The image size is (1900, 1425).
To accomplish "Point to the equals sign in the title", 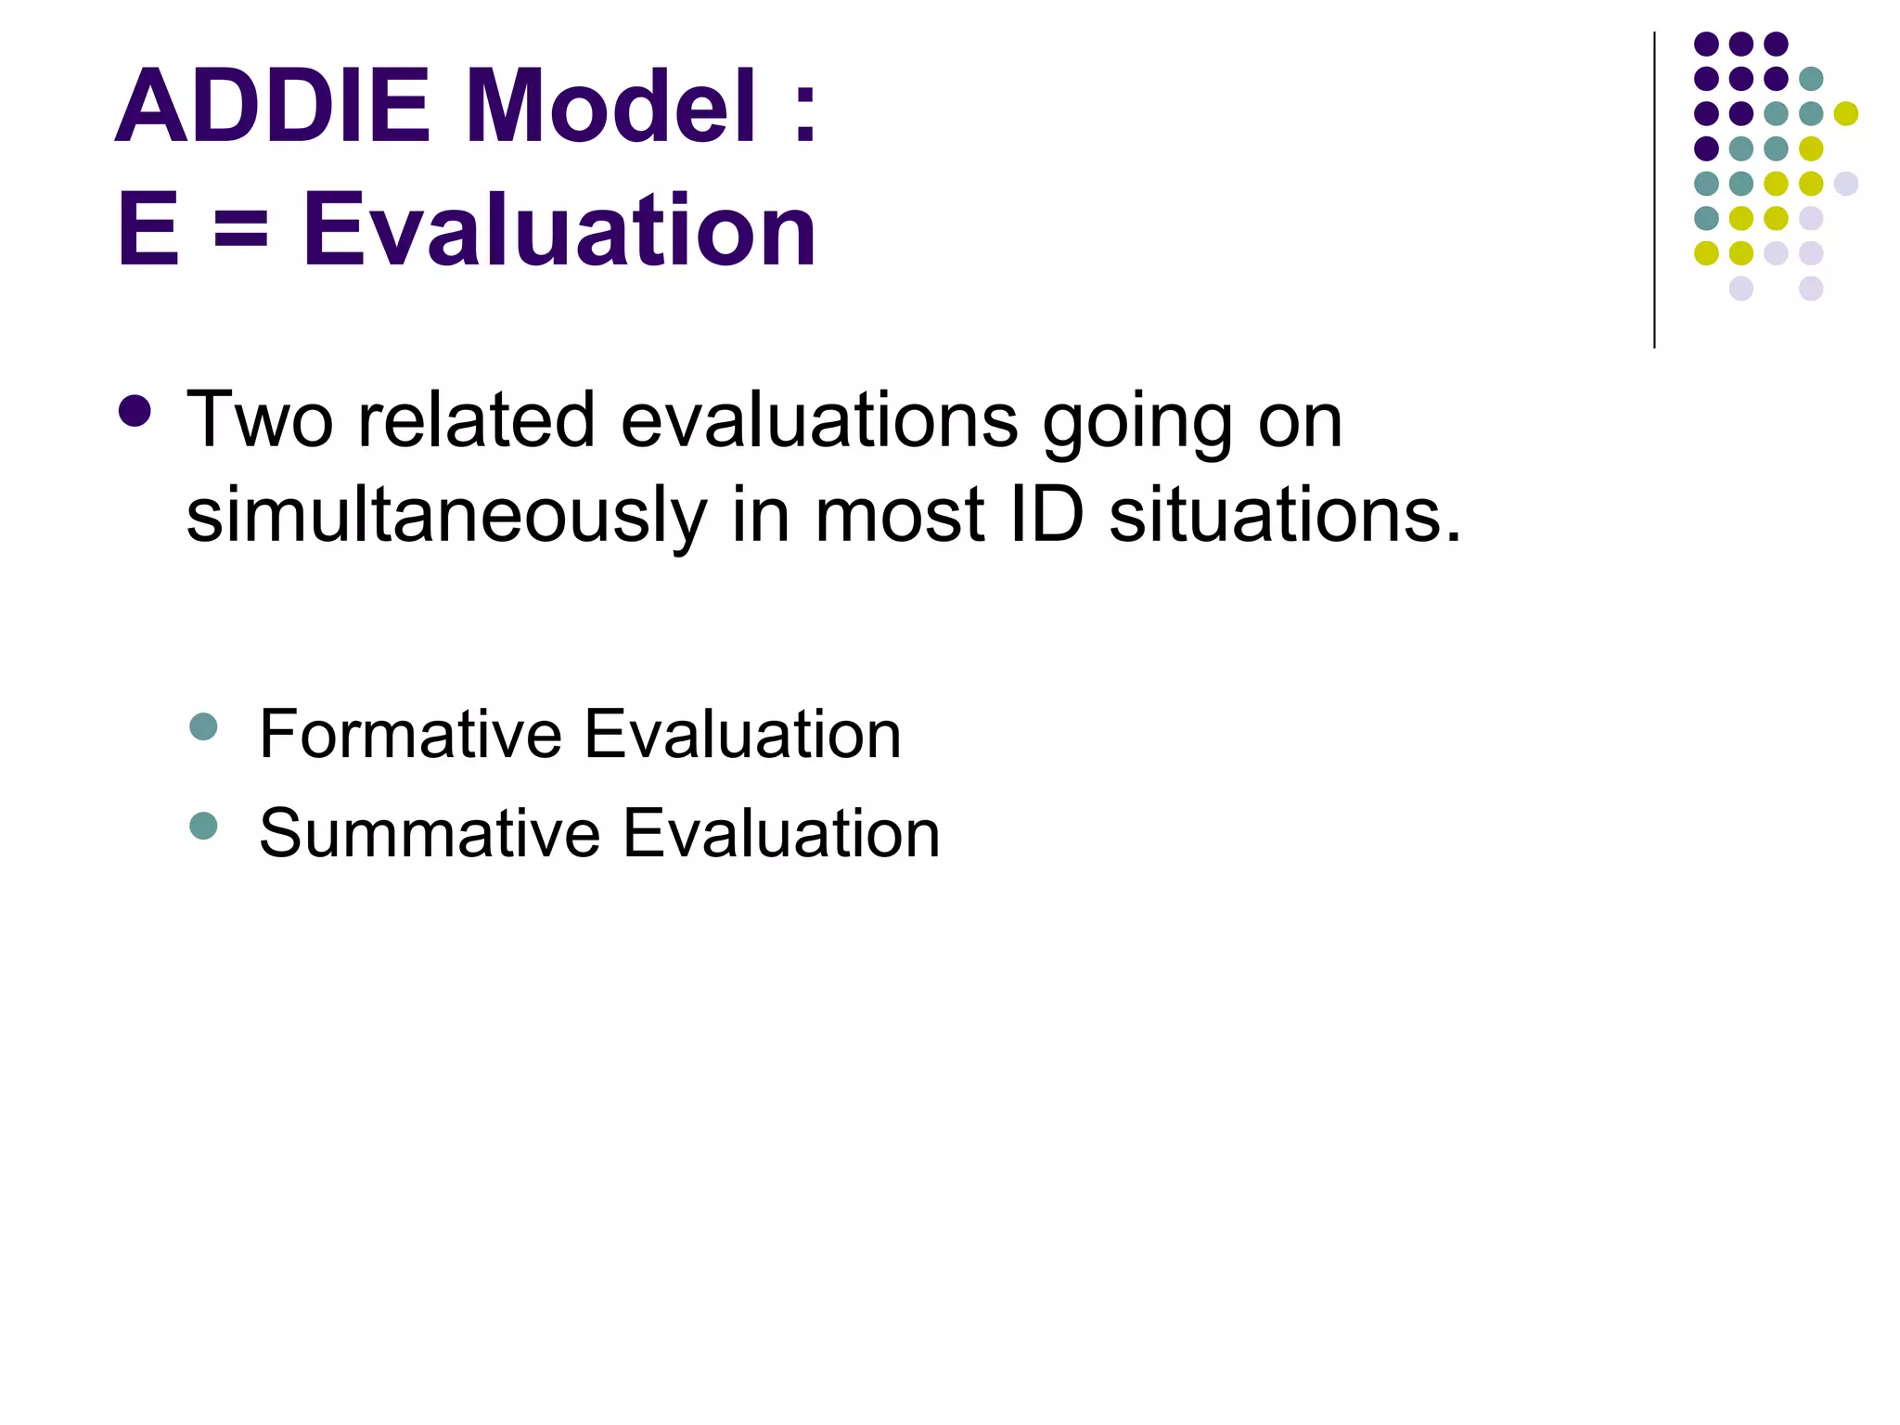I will [240, 229].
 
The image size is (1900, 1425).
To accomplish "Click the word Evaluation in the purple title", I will [559, 229].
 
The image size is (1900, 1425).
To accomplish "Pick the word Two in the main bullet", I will [259, 420].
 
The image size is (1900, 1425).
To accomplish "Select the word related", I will [476, 420].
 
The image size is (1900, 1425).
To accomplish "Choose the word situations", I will [1284, 514].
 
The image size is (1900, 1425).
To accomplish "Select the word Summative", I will [430, 833].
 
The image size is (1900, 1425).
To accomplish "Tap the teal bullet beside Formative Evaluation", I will [202, 726].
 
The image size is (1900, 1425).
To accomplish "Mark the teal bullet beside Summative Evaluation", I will [202, 825].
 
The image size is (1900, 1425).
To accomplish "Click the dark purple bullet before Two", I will [135, 412].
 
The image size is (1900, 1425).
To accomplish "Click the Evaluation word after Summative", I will [781, 833].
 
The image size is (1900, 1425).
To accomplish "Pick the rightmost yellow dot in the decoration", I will [1845, 114].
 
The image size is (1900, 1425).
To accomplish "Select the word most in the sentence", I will [898, 516].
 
